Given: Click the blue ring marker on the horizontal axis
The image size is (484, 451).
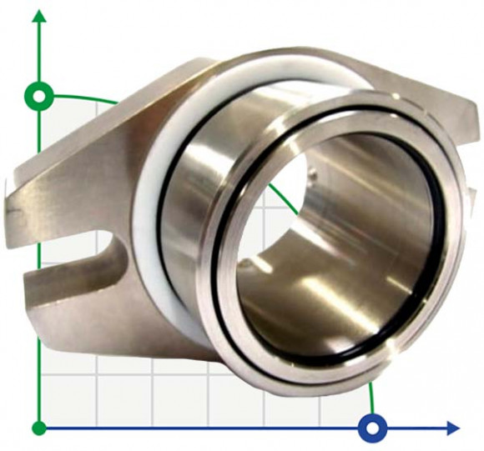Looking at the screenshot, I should [372, 428].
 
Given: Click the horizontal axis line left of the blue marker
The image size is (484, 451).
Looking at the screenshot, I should [209, 428].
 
